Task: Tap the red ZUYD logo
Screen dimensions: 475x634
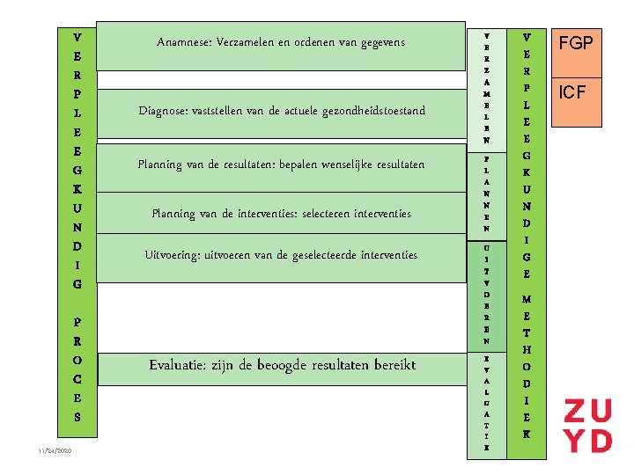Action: (x=587, y=426)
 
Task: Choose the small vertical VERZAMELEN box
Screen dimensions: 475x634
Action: (x=486, y=87)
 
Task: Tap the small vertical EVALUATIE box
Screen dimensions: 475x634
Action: (x=486, y=404)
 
